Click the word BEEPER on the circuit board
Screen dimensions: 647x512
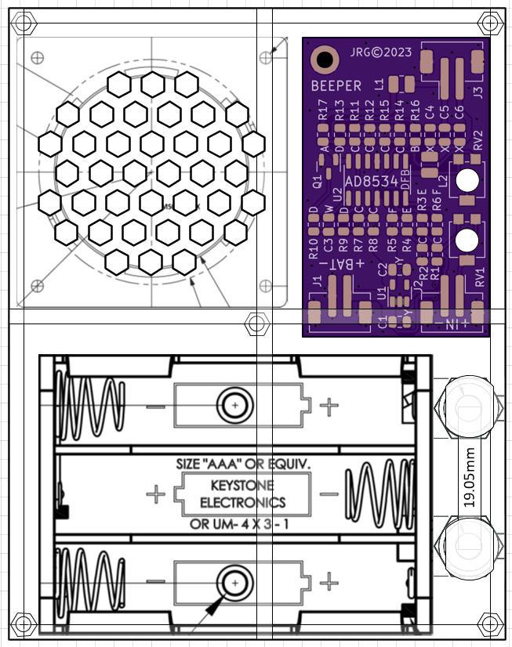click(336, 85)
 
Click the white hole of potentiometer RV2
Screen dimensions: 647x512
click(467, 179)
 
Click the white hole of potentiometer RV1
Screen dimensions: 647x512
click(467, 240)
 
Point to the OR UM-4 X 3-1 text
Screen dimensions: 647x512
click(240, 523)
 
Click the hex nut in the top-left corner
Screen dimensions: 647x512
click(24, 24)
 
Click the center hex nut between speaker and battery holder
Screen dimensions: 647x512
click(256, 323)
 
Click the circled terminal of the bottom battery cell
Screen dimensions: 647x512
click(234, 582)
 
